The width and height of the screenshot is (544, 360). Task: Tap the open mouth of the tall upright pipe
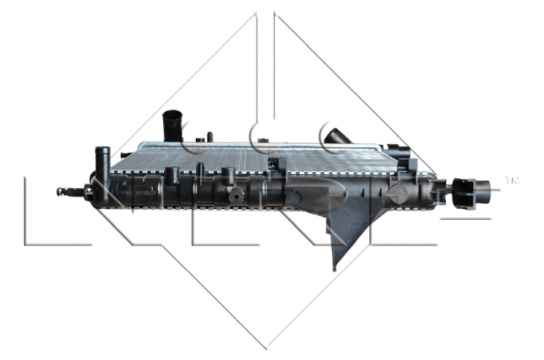[172, 116]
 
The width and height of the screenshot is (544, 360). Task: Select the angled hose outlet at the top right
[337, 136]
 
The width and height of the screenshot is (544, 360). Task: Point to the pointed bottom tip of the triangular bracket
[335, 267]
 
